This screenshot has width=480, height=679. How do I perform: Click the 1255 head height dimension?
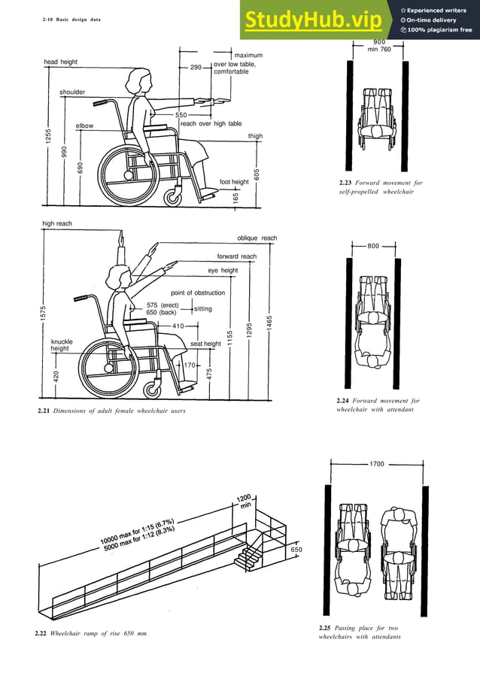[47, 137]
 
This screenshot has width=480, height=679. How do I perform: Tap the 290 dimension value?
[196, 68]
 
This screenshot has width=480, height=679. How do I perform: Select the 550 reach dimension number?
[181, 115]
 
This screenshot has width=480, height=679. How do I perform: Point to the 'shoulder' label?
[72, 92]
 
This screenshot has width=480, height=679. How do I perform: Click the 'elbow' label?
[84, 126]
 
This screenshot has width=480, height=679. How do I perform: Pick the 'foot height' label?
[234, 182]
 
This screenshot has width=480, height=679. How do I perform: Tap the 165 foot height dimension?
[236, 197]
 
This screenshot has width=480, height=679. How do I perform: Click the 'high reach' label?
[56, 223]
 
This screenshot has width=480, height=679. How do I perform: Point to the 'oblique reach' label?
[257, 238]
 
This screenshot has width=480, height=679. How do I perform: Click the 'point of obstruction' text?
[198, 293]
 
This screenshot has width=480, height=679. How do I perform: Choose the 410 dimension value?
[178, 326]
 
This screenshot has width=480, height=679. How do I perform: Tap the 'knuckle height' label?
[62, 345]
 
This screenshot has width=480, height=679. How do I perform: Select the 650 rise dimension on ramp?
[296, 550]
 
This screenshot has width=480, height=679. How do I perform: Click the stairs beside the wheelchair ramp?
[248, 556]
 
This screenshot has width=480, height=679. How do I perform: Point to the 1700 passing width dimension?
[377, 464]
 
